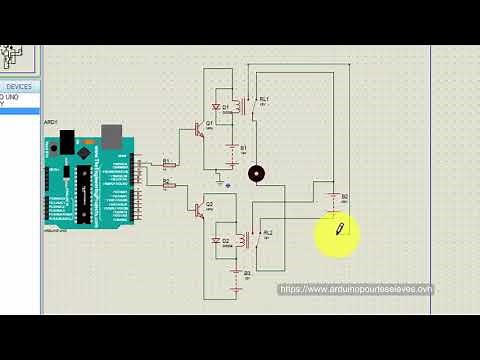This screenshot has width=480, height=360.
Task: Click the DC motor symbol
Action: pyautogui.click(x=257, y=174)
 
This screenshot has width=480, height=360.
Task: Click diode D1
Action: pyautogui.click(x=217, y=107)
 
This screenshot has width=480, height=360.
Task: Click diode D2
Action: pyautogui.click(x=217, y=241)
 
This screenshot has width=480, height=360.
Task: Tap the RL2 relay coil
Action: pyautogui.click(x=242, y=238)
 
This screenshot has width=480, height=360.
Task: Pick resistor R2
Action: pyautogui.click(x=168, y=184)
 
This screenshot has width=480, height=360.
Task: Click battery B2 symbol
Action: pyautogui.click(x=335, y=197)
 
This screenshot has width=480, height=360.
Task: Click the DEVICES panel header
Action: pyautogui.click(x=18, y=87)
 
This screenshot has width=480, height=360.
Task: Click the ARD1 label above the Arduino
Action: pyautogui.click(x=50, y=122)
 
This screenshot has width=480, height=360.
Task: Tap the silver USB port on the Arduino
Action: pyautogui.click(x=111, y=137)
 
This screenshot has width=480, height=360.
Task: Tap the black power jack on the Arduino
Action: pyautogui.click(x=66, y=142)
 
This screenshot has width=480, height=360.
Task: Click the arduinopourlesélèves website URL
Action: pyautogui.click(x=356, y=289)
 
